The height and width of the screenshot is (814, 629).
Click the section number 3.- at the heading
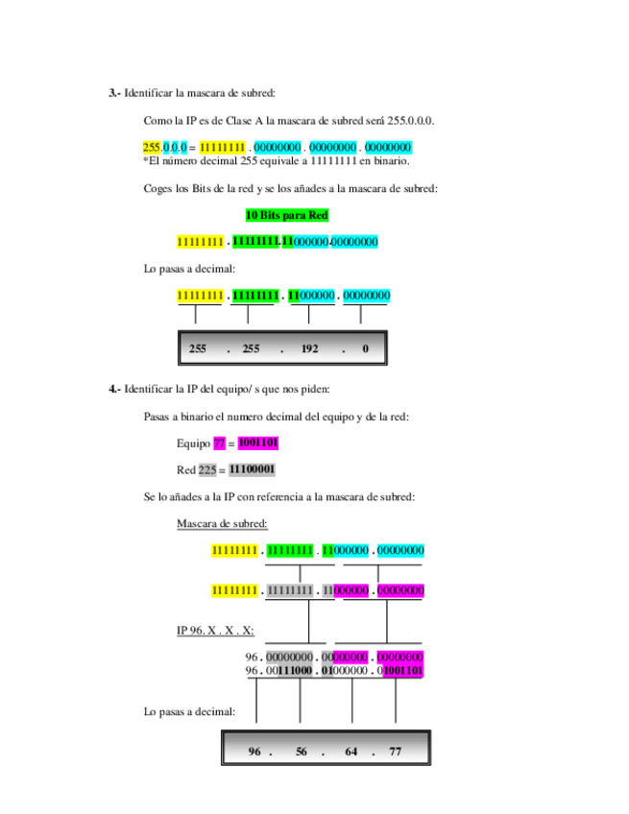tap(114, 93)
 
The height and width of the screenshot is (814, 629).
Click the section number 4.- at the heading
tap(114, 389)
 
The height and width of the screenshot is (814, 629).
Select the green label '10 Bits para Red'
tap(287, 215)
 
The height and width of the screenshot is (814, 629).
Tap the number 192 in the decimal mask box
tap(309, 349)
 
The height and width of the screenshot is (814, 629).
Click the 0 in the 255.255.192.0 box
tap(365, 349)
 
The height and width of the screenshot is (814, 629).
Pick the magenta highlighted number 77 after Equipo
tap(220, 443)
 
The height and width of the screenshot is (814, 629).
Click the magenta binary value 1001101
tap(258, 443)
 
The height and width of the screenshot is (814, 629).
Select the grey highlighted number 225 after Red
tap(207, 470)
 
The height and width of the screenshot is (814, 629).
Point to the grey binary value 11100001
tap(253, 470)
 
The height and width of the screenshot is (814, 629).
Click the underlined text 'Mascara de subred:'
tap(222, 523)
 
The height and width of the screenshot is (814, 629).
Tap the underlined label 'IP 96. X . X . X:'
tap(215, 631)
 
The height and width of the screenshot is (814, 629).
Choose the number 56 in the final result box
tap(302, 752)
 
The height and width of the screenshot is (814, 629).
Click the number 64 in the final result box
tap(351, 752)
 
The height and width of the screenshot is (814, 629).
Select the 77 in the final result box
tap(396, 752)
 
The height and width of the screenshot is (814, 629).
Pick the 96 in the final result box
tap(254, 752)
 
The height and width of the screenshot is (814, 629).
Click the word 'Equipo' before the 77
tap(193, 443)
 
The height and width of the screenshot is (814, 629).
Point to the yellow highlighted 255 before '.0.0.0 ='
tap(152, 147)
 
